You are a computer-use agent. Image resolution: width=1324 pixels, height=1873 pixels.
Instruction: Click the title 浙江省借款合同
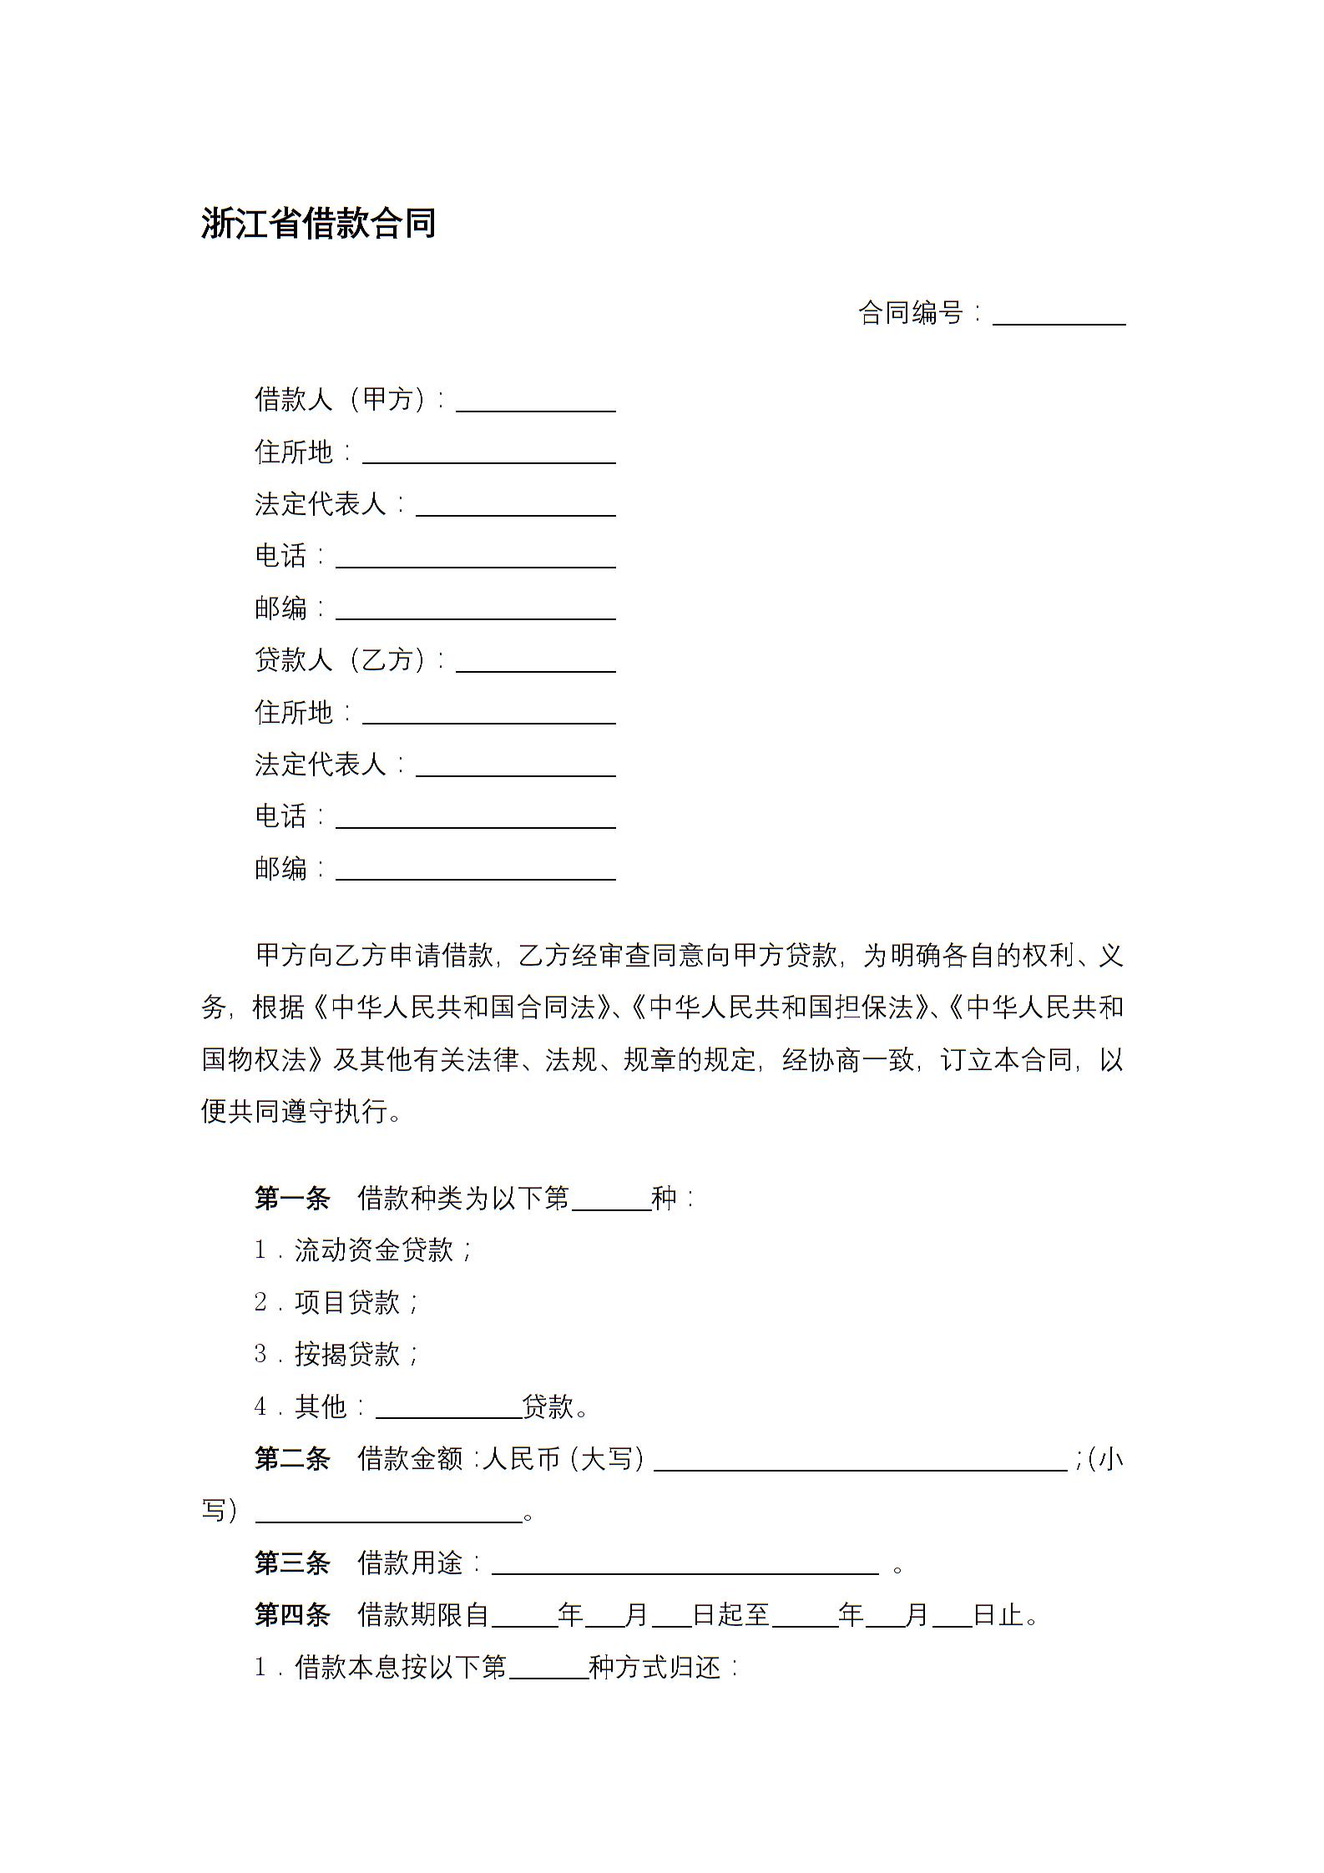(x=318, y=224)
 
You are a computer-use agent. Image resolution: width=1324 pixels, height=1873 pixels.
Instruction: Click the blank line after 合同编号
(x=1059, y=316)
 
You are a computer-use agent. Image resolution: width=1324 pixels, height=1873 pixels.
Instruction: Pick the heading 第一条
(x=292, y=1199)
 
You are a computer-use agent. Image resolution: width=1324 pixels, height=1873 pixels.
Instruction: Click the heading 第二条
(x=292, y=1459)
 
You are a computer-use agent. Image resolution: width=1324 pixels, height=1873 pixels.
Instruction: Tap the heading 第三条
(x=292, y=1563)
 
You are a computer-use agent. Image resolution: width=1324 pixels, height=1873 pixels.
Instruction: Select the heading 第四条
(x=292, y=1615)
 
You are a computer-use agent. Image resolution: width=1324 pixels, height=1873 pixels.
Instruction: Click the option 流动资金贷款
(x=374, y=1250)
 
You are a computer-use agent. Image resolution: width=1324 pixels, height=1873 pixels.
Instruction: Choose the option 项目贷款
(x=347, y=1302)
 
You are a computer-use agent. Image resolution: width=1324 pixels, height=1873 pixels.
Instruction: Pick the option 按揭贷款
(x=347, y=1354)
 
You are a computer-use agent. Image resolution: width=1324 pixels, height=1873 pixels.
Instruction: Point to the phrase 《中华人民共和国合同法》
(x=462, y=1007)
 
